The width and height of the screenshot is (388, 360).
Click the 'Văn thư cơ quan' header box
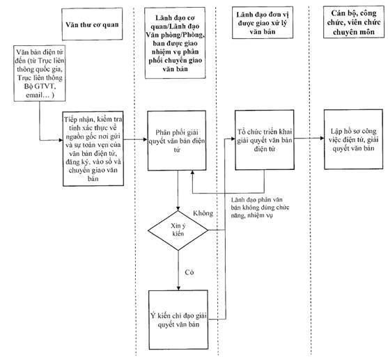pyautogui.click(x=92, y=24)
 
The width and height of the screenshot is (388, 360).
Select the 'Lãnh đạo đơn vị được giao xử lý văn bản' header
pyautogui.click(x=263, y=22)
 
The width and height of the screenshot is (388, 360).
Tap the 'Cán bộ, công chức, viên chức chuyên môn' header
pyautogui.click(x=354, y=22)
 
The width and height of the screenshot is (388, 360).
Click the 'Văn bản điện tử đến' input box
pyautogui.click(x=40, y=73)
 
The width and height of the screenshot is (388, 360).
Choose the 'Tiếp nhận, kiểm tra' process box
pyautogui.click(x=93, y=148)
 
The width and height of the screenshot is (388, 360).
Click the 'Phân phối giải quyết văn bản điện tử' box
pyautogui.click(x=177, y=141)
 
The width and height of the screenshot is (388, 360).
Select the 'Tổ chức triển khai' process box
pyautogui.click(x=265, y=140)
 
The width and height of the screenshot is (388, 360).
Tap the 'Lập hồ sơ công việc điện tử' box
pyautogui.click(x=354, y=139)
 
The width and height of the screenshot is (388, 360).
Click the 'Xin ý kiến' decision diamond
pyautogui.click(x=178, y=230)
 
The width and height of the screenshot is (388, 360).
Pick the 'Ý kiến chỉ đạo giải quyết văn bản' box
pyautogui.click(x=178, y=320)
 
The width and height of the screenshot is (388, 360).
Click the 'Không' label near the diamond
pyautogui.click(x=203, y=213)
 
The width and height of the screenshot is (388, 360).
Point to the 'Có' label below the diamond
pyautogui.click(x=189, y=272)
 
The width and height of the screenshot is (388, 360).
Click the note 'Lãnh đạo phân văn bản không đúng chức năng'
pyautogui.click(x=260, y=208)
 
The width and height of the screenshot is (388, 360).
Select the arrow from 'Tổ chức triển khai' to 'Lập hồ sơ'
pyautogui.click(x=309, y=138)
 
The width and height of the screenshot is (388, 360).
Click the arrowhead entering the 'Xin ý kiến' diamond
pyautogui.click(x=178, y=209)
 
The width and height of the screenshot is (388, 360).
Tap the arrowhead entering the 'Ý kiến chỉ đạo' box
pyautogui.click(x=178, y=288)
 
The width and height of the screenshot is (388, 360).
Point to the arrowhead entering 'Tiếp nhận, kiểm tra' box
pyautogui.click(x=61, y=140)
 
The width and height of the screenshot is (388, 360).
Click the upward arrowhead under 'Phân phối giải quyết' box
pyautogui.click(x=192, y=173)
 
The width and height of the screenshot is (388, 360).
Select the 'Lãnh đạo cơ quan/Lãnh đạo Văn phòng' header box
pyautogui.click(x=176, y=43)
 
